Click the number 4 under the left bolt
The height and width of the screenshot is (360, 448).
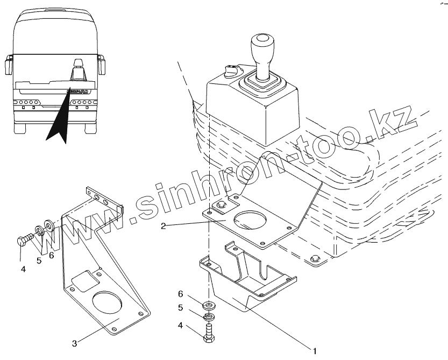coord(23,269)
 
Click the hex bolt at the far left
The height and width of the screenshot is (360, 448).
coord(24,240)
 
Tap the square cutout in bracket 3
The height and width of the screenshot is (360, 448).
coord(85,281)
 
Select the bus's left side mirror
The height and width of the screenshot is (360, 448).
coord(8,65)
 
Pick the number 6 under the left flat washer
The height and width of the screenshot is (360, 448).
coord(52,256)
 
